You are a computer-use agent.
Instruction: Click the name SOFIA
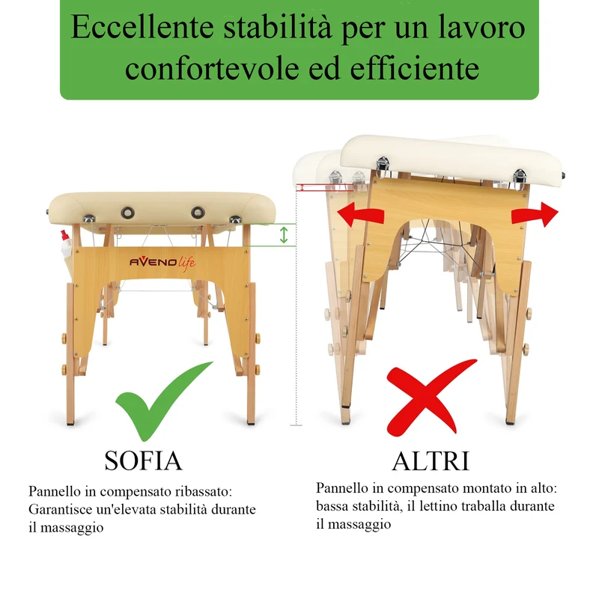click(143, 460)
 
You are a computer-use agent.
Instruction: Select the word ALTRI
click(431, 461)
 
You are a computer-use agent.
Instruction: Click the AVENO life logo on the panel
click(162, 263)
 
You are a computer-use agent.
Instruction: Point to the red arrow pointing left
click(360, 215)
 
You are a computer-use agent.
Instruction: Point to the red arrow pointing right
click(535, 215)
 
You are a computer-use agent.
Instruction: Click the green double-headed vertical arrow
click(284, 235)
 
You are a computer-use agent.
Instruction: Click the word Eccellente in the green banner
click(142, 27)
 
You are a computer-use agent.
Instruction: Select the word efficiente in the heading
click(415, 68)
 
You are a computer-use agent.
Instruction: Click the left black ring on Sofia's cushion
click(127, 213)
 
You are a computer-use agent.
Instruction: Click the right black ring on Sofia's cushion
click(198, 213)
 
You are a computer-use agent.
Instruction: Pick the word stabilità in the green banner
click(278, 27)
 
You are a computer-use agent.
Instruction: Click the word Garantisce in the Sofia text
click(61, 509)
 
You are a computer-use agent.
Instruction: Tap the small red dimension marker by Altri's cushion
click(302, 188)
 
